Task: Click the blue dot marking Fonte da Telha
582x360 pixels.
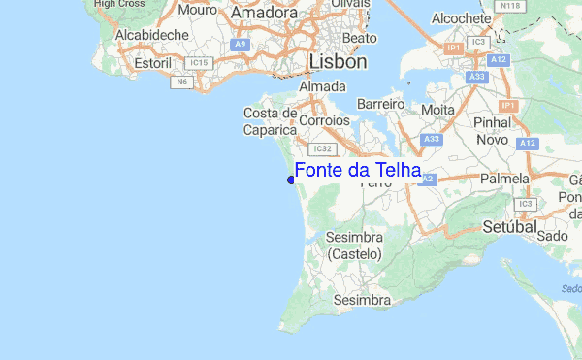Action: [x=291, y=179]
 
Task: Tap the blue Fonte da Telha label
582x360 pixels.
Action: [x=357, y=171]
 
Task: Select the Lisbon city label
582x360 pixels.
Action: [x=338, y=62]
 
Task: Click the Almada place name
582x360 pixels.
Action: [x=323, y=87]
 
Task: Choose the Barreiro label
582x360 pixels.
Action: [x=379, y=103]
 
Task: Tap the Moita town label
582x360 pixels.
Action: [x=436, y=110]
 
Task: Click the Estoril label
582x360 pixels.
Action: [x=152, y=63]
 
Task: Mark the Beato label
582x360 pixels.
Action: [x=359, y=38]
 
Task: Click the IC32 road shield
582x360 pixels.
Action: [x=324, y=148]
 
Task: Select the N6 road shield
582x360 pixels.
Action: [x=181, y=82]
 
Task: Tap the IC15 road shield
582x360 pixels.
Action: [x=200, y=63]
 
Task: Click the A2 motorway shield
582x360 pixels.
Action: [x=428, y=180]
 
